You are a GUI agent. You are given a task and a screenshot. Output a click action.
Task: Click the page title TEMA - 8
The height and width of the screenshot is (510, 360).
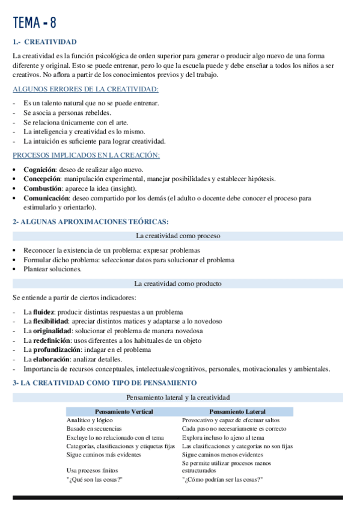35,23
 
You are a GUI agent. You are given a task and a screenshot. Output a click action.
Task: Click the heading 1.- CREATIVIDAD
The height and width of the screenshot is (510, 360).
44,42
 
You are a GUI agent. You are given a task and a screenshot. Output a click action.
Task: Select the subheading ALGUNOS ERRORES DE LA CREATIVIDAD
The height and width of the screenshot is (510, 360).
85,90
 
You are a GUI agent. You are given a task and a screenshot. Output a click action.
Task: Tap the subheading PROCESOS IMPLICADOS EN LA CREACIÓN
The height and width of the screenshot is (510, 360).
86,155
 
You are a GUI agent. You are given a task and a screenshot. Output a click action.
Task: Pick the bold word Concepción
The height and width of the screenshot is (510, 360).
42,179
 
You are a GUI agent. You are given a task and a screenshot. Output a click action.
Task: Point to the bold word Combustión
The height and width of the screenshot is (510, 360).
43,188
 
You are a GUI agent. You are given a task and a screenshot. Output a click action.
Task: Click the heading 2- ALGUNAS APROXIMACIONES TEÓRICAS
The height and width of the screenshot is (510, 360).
90,222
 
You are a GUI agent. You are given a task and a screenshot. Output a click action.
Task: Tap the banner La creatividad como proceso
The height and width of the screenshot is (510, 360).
178,236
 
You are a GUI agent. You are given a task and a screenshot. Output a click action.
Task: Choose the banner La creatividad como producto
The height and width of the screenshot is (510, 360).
178,284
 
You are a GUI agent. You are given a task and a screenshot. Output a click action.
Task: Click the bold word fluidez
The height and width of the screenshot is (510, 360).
43,312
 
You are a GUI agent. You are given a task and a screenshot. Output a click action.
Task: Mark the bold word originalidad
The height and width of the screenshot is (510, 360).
52,331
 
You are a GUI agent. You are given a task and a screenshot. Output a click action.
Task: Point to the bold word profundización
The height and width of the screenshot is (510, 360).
56,349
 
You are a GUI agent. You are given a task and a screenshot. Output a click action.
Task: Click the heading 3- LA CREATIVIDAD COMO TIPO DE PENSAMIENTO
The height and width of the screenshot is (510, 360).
105,382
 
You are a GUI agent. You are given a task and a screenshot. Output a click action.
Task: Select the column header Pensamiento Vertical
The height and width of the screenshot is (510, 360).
124,412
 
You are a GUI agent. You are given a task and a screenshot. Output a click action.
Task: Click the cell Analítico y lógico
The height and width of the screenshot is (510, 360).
90,420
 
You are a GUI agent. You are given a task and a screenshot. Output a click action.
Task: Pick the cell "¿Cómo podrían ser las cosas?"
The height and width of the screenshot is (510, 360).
222,479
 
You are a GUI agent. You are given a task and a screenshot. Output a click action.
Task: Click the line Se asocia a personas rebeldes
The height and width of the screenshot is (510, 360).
67,112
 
